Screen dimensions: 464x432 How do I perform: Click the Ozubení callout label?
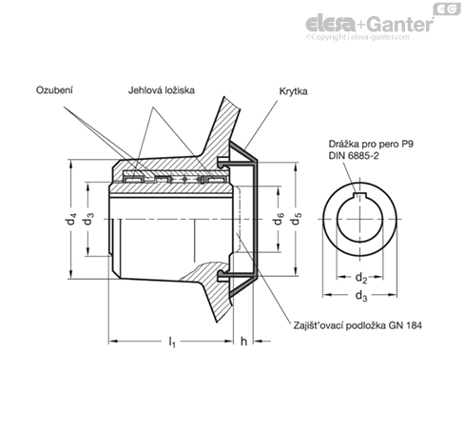pyautogui.click(x=54, y=90)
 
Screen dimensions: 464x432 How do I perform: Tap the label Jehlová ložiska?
pyautogui.click(x=162, y=90)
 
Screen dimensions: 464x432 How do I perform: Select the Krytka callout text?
pyautogui.click(x=293, y=91)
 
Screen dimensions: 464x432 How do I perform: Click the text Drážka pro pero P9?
pyautogui.click(x=371, y=144)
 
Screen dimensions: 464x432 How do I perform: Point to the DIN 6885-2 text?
pyautogui.click(x=354, y=156)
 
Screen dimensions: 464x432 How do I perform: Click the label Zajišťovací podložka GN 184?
pyautogui.click(x=358, y=325)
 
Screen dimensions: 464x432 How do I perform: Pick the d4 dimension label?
pyautogui.click(x=72, y=219)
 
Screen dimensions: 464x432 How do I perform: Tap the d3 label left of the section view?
pyautogui.click(x=88, y=219)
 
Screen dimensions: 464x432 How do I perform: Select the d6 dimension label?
pyautogui.click(x=279, y=219)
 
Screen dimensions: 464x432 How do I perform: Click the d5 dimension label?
pyautogui.click(x=296, y=219)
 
